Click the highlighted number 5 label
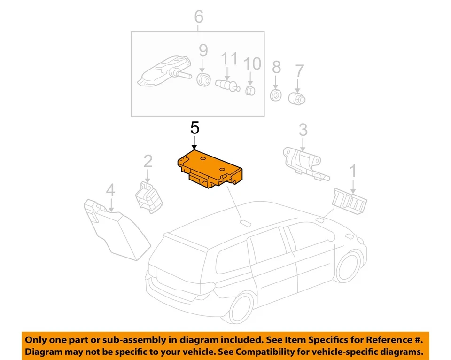coord(195,128)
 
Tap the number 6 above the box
coord(199,17)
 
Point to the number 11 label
coord(230,59)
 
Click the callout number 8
coord(276,67)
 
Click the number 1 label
coord(352,172)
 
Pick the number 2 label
coord(148,162)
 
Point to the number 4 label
coord(110,190)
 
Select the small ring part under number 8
coord(276,95)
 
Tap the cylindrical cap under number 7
coord(297,98)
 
